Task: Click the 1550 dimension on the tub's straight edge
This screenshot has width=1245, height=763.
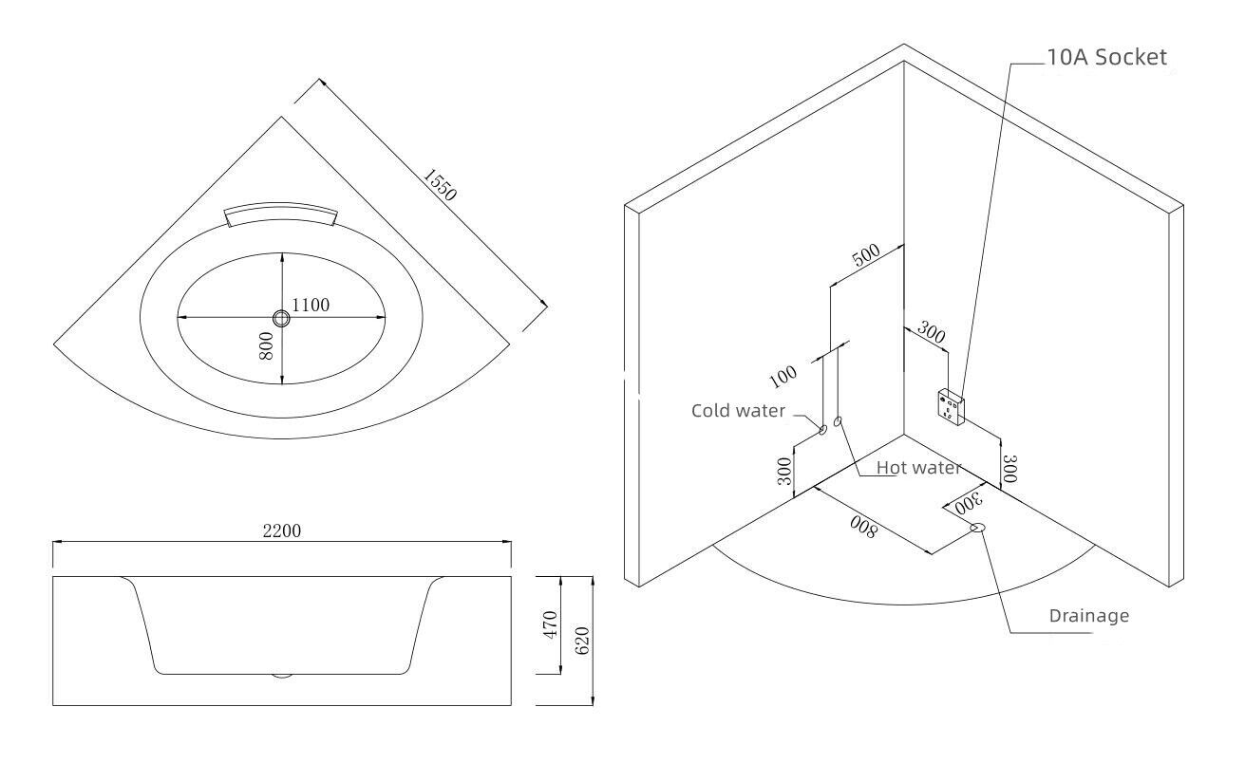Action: [x=441, y=185]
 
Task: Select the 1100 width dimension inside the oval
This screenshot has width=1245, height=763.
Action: [x=311, y=305]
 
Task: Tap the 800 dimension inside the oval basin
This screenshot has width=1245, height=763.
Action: [x=267, y=344]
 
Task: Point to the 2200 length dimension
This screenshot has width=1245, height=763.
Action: [x=282, y=530]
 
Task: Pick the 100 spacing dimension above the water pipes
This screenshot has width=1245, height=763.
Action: [x=784, y=377]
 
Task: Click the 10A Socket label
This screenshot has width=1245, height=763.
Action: [x=1105, y=57]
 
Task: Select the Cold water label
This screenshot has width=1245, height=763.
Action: [x=738, y=411]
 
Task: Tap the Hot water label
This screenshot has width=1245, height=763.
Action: [x=918, y=467]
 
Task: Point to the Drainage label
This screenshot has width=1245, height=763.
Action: [x=1089, y=615]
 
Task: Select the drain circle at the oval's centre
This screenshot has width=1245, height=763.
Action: [x=282, y=317]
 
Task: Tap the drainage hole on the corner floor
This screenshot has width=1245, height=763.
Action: [x=977, y=528]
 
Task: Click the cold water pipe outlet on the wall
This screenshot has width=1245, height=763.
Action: [x=823, y=430]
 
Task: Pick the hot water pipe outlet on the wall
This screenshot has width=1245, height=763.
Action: [x=838, y=421]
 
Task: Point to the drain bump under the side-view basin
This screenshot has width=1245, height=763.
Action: [x=282, y=676]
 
